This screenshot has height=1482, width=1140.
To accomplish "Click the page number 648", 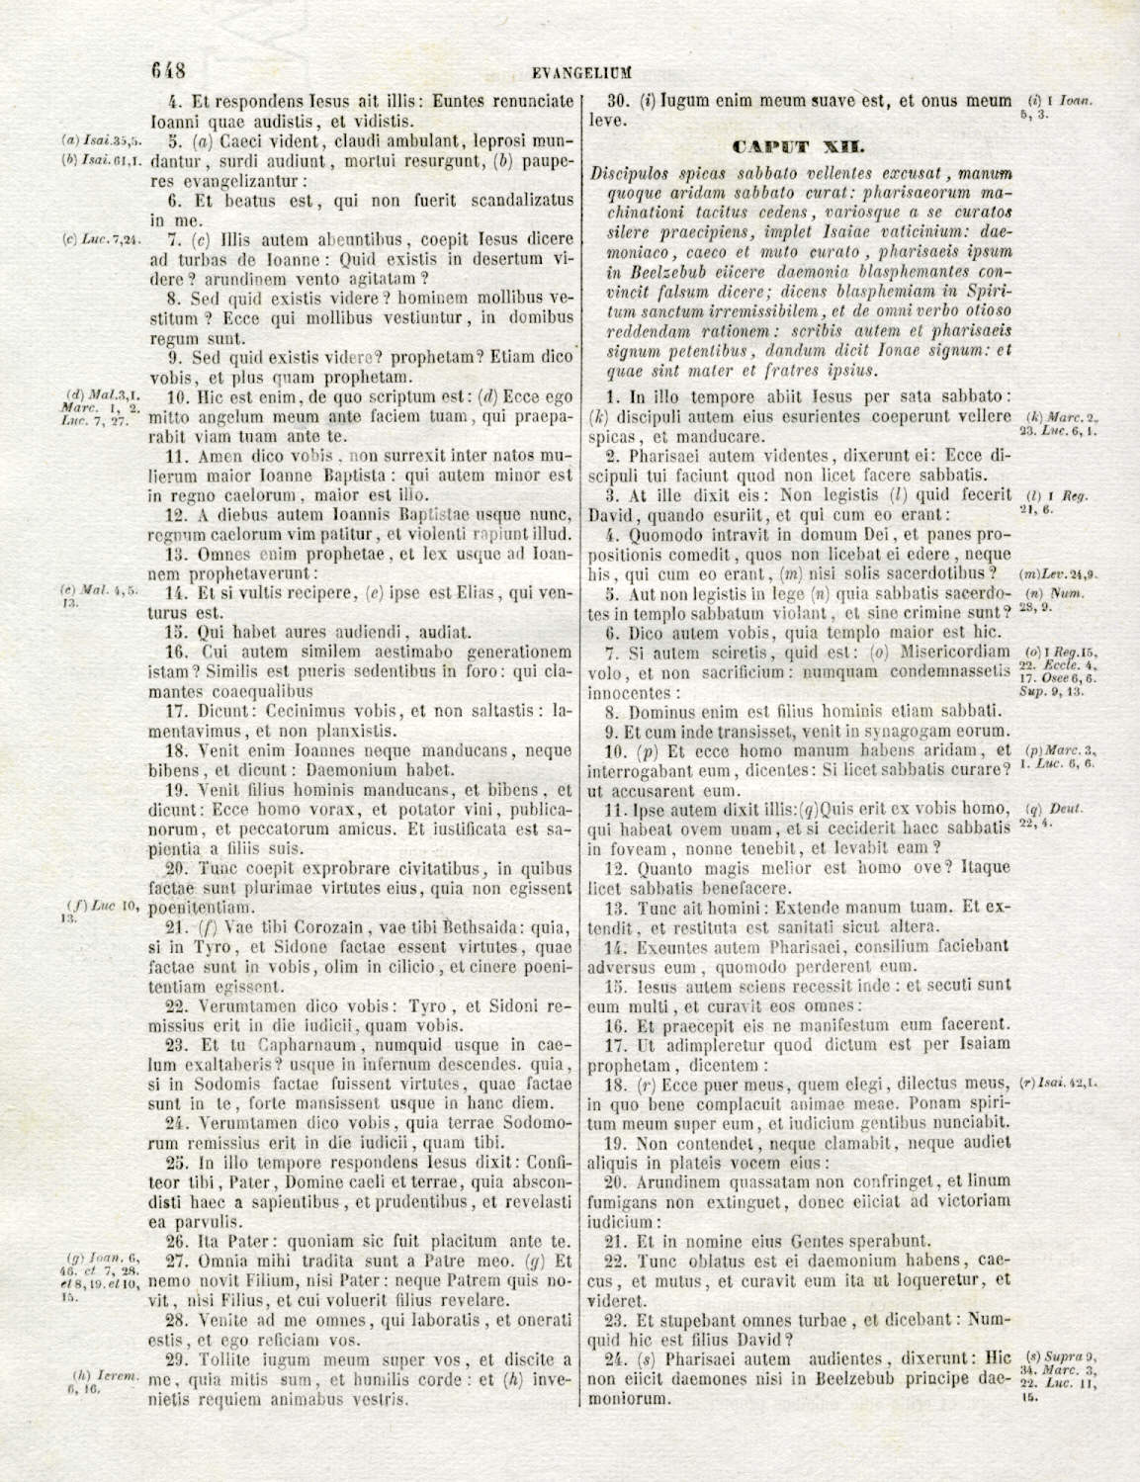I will pos(168,70).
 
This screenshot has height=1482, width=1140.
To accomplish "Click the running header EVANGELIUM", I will pos(581,72).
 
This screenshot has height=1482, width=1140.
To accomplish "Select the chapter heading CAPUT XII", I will pos(799,147).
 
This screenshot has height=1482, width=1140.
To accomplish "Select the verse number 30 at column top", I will pos(619,100).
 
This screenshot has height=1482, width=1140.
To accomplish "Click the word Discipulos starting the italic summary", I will pos(634,172).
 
